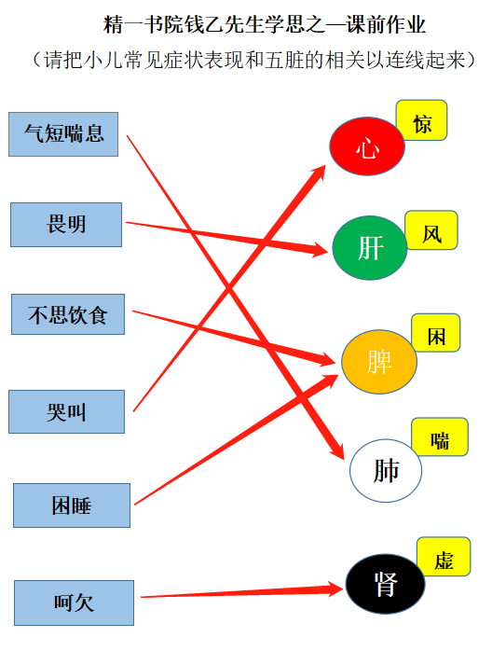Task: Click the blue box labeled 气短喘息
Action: (63, 134)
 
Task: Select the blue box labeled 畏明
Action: (66, 225)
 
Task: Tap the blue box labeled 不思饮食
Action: (68, 314)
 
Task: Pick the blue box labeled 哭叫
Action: (67, 412)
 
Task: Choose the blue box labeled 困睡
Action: (72, 506)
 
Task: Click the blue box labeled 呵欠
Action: (75, 603)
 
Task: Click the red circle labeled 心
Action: (367, 146)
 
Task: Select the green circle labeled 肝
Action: (370, 248)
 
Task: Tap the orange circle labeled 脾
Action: (379, 362)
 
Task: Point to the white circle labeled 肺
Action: (386, 471)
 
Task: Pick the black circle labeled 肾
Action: (386, 584)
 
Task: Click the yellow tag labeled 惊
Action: (421, 120)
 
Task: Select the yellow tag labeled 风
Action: (431, 230)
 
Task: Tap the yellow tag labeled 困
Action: (435, 333)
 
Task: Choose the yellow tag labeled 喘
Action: (440, 437)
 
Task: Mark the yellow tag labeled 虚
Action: (444, 557)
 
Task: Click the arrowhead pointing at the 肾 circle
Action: (335, 589)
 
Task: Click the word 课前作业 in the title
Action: (386, 25)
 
